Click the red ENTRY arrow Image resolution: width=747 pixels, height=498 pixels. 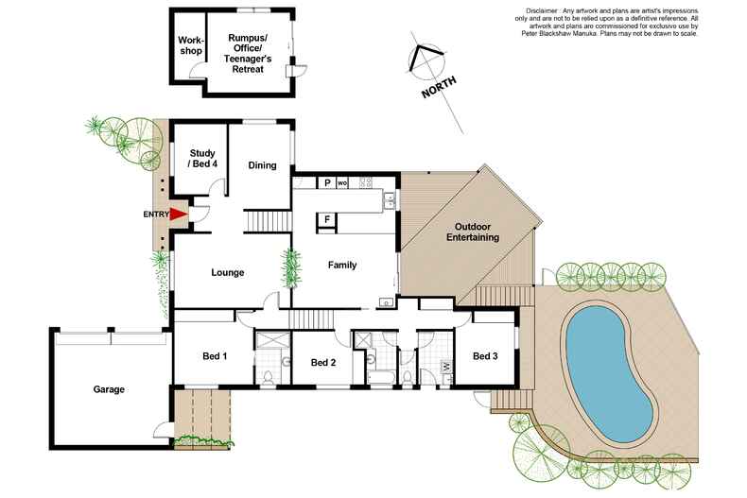177,215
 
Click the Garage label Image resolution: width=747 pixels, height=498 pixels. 109,388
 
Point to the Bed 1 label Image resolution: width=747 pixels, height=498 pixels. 215,356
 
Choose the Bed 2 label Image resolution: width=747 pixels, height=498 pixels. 323,363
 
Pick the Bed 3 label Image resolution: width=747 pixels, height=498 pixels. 484,356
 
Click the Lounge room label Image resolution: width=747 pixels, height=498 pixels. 227,272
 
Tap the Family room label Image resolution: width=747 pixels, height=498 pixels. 341,266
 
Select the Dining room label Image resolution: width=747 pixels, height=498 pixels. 262,165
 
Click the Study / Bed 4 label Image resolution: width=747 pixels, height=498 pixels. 203,158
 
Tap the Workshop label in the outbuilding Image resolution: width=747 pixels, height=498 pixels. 191,46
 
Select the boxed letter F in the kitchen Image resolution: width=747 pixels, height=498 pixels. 326,219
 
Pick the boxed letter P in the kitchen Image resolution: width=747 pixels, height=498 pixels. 326,181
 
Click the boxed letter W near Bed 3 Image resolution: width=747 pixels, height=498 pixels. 445,366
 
